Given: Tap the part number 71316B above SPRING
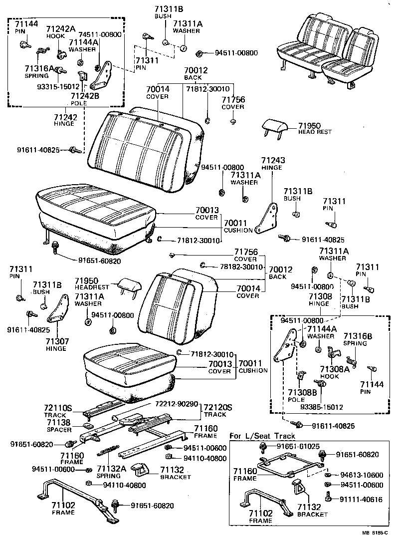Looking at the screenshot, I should [357, 336].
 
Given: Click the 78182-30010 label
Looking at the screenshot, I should [241, 267].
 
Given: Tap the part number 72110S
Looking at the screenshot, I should [55, 408].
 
